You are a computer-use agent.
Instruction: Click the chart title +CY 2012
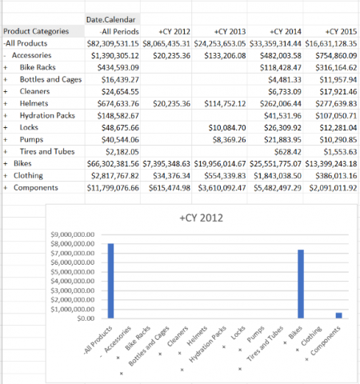coord(201,218)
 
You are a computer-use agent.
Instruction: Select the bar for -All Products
coord(110,281)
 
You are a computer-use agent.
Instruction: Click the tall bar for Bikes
coord(301,284)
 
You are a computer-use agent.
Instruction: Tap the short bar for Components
coord(338,315)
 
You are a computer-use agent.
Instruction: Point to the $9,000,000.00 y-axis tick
coord(73,234)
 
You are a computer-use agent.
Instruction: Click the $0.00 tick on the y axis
coord(86,318)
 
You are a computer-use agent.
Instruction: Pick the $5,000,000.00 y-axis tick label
coord(73,272)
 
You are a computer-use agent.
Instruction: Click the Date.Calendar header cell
coord(110,19)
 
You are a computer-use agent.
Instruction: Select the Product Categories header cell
coord(36,31)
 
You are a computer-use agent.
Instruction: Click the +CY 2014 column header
coord(286,31)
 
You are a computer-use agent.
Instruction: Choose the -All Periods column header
coord(119,31)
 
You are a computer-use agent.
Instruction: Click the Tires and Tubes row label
coord(47,151)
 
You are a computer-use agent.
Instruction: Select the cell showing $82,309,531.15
coord(113,43)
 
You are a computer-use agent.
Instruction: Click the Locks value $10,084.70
coord(227,128)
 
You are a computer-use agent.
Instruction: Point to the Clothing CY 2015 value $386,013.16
coord(336,176)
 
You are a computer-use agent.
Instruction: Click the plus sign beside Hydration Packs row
coord(6,116)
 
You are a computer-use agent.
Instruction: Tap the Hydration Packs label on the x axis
coord(208,344)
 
